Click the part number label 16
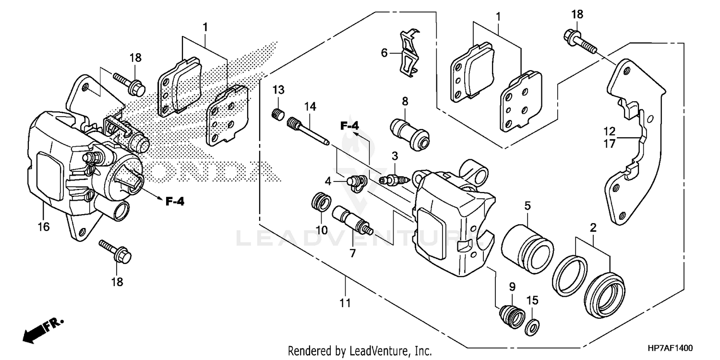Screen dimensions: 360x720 click(43, 227)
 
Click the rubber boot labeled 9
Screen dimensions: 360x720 click(511, 316)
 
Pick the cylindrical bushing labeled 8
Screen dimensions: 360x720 click(409, 131)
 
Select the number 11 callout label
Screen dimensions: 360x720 click(345, 303)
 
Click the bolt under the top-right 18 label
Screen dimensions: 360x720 click(579, 41)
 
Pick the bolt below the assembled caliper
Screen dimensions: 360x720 click(115, 252)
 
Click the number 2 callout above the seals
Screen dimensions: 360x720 click(593, 228)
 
